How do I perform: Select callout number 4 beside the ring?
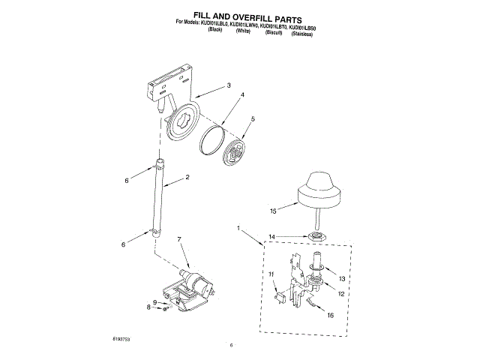pyautogui.click(x=242, y=95)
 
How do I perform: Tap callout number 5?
pyautogui.click(x=253, y=118)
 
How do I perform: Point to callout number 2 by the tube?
pyautogui.click(x=187, y=177)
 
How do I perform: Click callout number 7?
pyautogui.click(x=179, y=239)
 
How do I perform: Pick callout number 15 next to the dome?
pyautogui.click(x=274, y=211)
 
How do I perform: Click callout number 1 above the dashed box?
pyautogui.click(x=238, y=227)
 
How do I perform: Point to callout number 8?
pyautogui.click(x=149, y=307)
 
